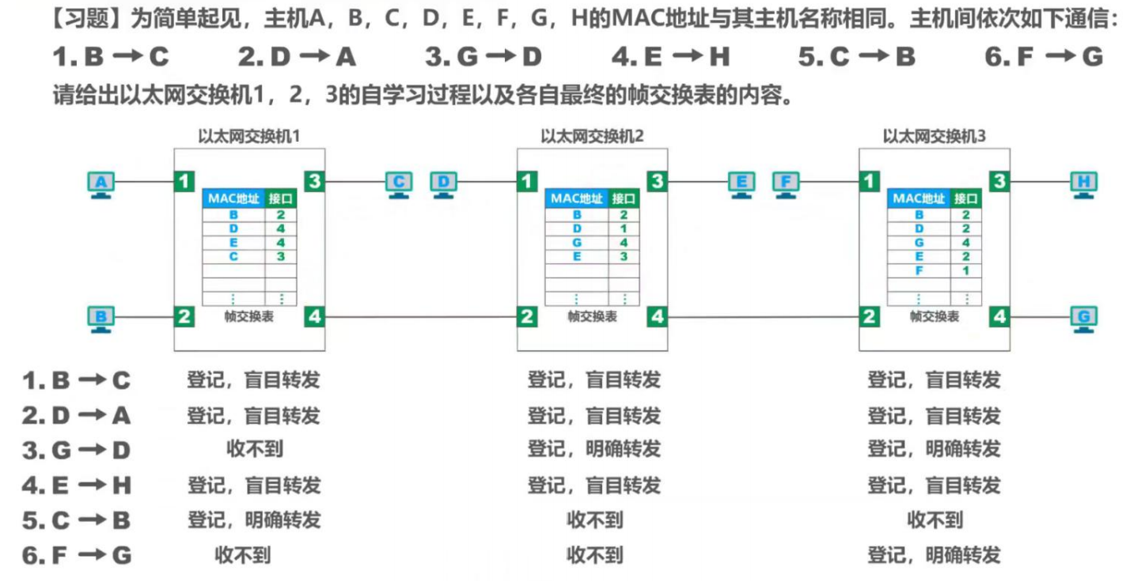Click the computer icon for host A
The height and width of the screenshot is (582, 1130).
click(100, 184)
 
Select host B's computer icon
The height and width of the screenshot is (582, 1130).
click(100, 319)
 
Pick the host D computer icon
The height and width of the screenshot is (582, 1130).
click(443, 184)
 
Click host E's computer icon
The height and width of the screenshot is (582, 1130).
click(741, 184)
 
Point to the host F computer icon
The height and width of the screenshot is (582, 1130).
click(786, 184)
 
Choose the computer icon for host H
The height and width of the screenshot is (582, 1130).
click(1083, 184)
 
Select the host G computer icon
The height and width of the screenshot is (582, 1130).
click(1083, 319)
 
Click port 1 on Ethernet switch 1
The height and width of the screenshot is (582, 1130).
click(184, 182)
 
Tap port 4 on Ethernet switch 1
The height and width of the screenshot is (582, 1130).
click(315, 317)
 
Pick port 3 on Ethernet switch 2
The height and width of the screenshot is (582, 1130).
click(657, 182)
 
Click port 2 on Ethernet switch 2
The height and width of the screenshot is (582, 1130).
click(527, 317)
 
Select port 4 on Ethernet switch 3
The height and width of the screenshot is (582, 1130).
click(1000, 317)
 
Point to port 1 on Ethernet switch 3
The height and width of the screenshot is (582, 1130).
click(870, 182)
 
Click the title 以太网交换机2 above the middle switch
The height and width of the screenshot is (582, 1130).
click(592, 136)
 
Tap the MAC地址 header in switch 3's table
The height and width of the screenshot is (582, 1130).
click(918, 198)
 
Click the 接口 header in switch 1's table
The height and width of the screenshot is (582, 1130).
click(280, 198)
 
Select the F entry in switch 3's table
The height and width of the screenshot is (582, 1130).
click(919, 270)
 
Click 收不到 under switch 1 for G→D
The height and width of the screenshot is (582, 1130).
click(254, 450)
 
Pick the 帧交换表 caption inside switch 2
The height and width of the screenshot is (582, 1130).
click(592, 316)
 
